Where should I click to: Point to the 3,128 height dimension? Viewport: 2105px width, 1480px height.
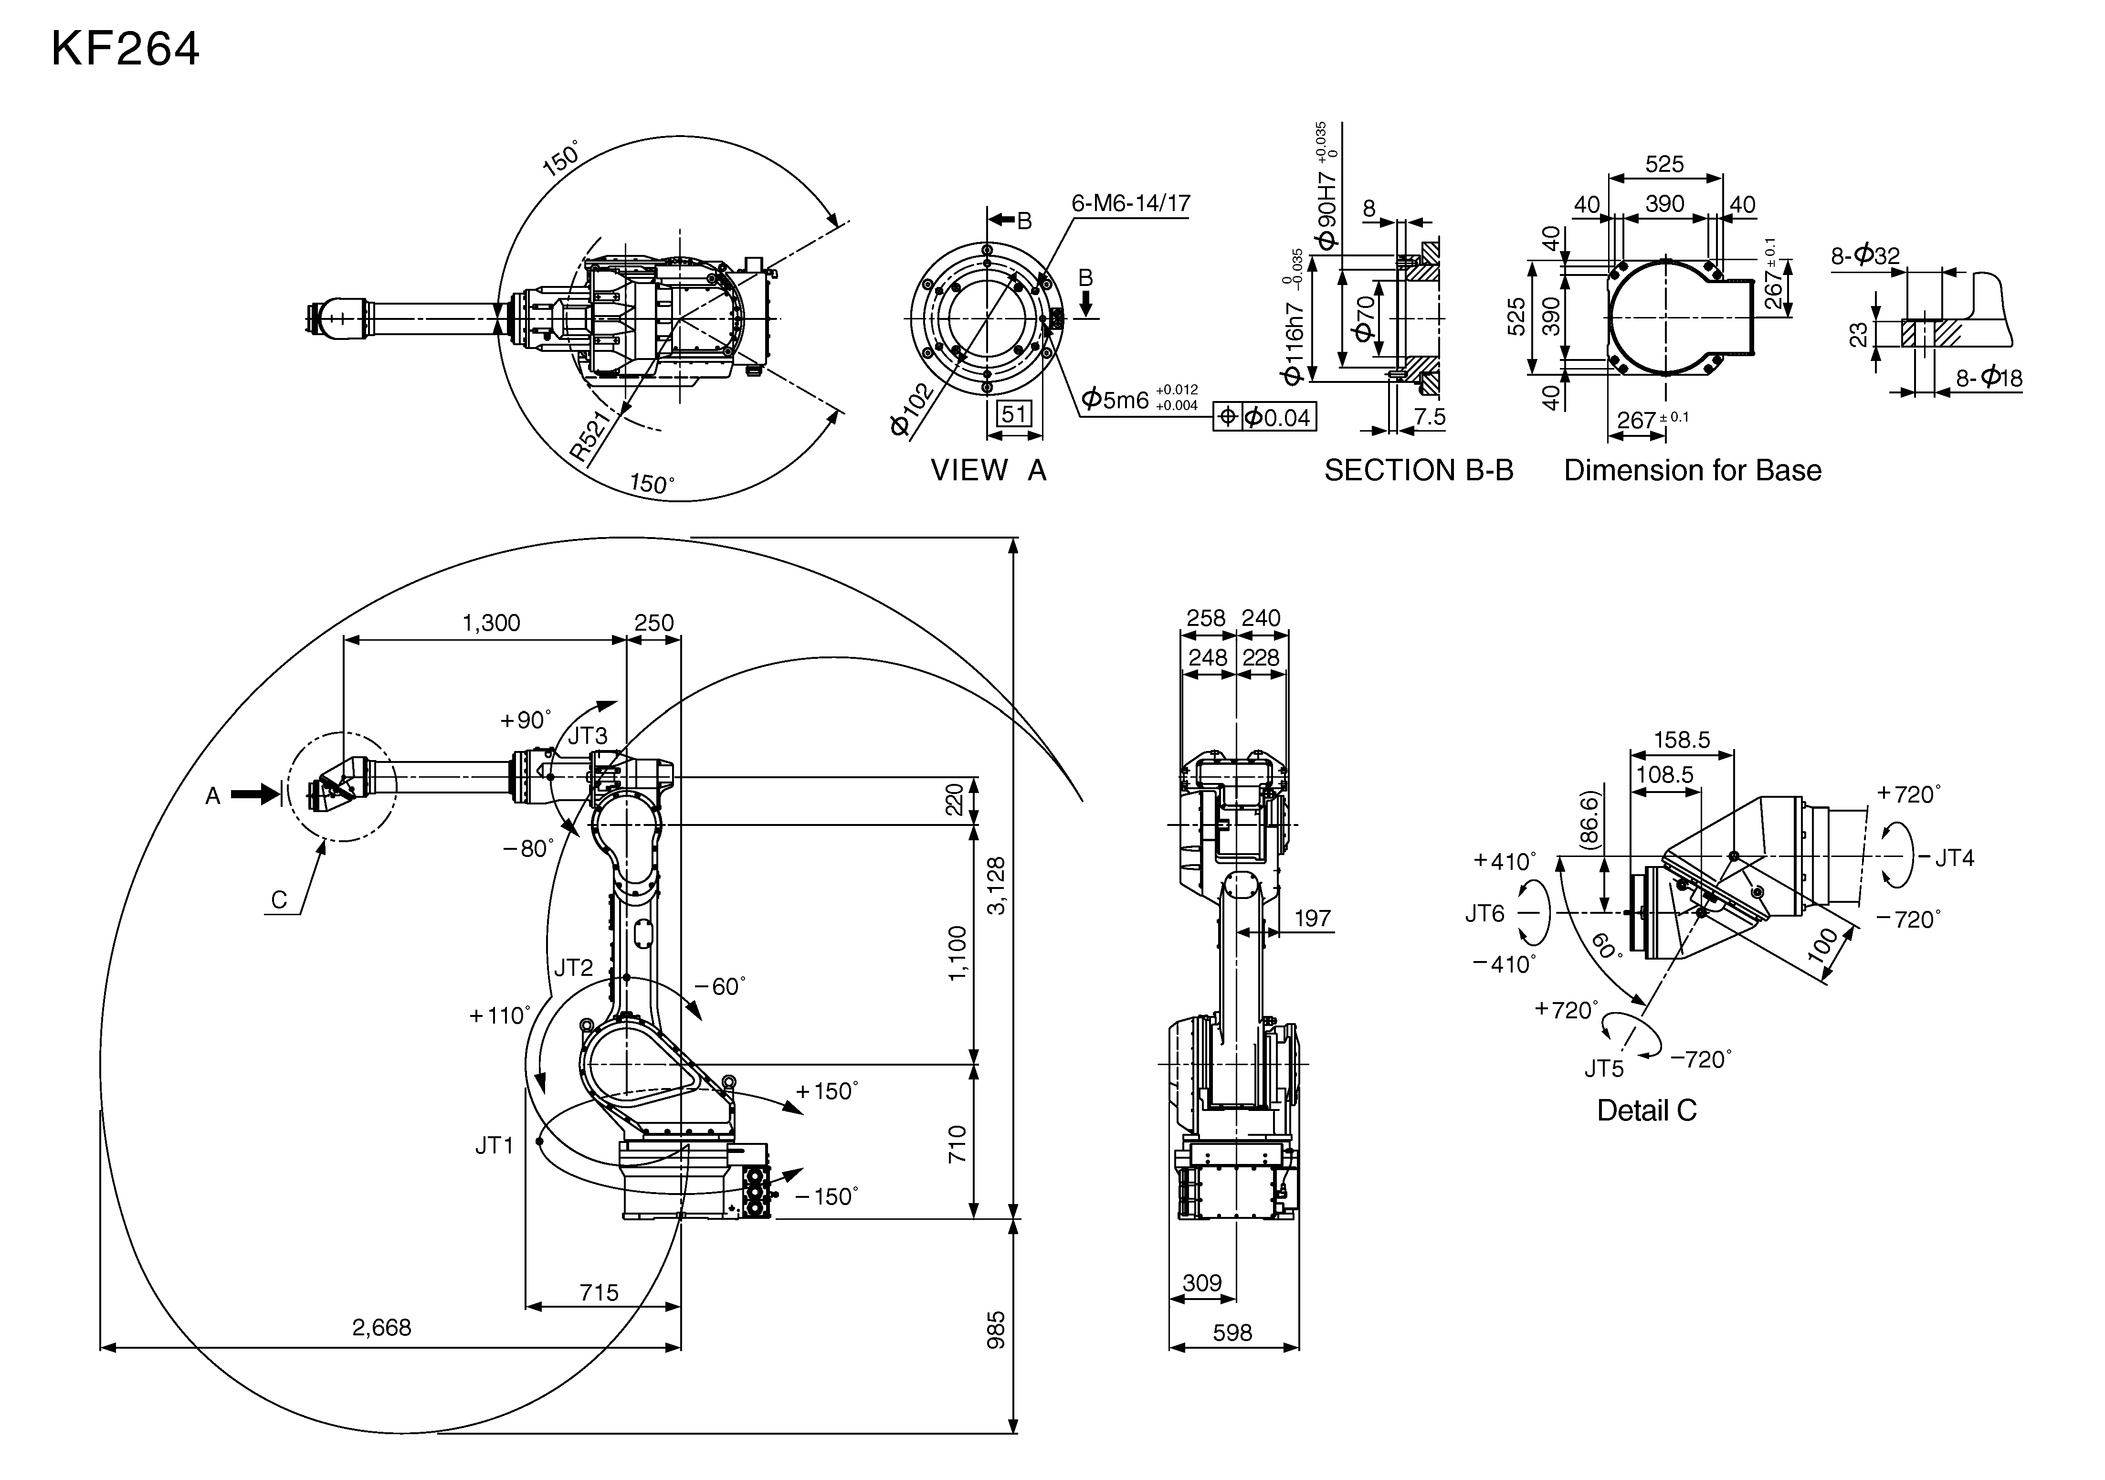(x=997, y=885)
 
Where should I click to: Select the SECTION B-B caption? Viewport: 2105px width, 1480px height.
(x=1418, y=470)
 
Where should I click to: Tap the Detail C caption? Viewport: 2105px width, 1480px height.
(x=1647, y=1110)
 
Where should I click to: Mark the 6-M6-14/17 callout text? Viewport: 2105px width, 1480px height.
(x=1130, y=203)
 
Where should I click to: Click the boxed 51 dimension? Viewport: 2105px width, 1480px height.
(x=1013, y=414)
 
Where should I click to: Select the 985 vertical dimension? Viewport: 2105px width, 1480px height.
(x=997, y=1330)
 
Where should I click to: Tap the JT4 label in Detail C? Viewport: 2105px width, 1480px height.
(x=1955, y=858)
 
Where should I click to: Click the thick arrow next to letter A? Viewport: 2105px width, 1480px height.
(x=254, y=794)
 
